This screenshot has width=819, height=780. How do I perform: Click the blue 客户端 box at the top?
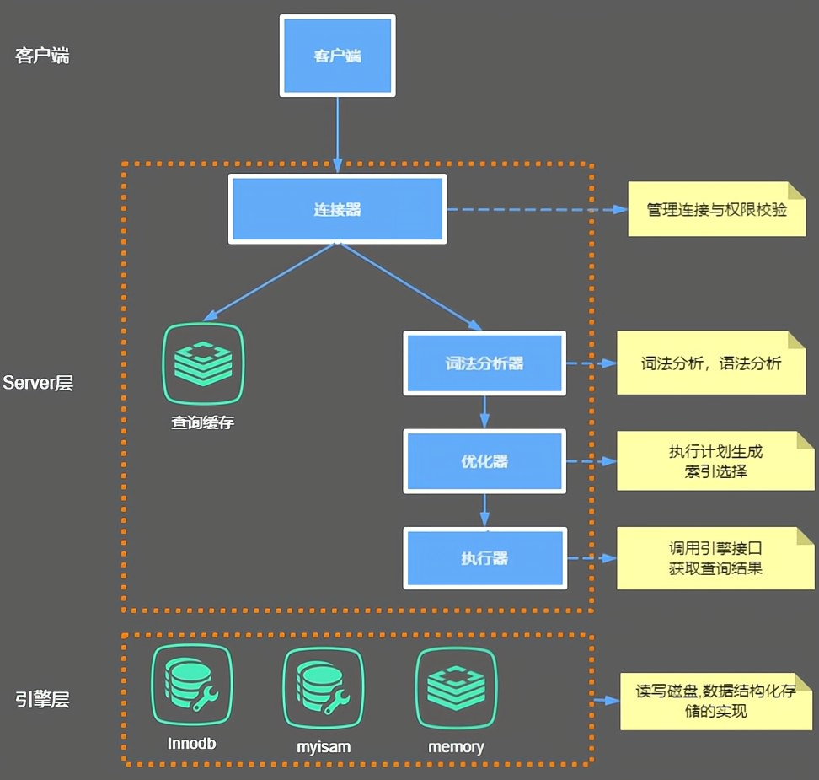[x=337, y=56]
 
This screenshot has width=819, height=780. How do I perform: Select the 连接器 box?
[x=337, y=209]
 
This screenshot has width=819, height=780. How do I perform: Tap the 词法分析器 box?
[x=484, y=363]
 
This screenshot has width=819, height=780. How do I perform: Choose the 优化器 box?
[x=484, y=461]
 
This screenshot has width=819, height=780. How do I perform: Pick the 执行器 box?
[x=484, y=558]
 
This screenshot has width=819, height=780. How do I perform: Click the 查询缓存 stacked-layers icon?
[x=202, y=363]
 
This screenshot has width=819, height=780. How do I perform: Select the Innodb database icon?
[x=191, y=686]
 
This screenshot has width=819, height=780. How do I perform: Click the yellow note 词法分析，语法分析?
[x=711, y=363]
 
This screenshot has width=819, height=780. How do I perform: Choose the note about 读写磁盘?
[x=715, y=701]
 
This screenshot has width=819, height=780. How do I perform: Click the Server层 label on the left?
[x=38, y=383]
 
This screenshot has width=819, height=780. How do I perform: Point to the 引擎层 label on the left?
[x=42, y=699]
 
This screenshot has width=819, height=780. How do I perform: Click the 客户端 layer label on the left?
[x=42, y=56]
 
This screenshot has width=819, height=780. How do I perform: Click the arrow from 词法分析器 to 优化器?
[x=484, y=412]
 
